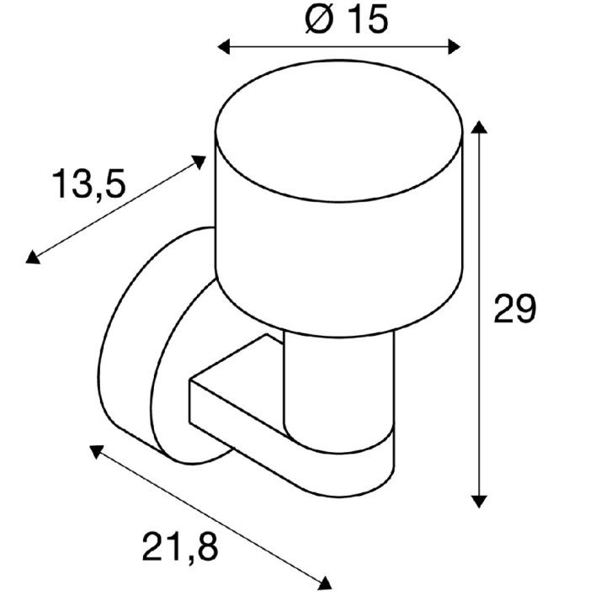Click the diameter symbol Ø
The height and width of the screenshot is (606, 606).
pyautogui.click(x=320, y=19)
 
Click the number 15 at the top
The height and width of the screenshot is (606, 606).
pyautogui.click(x=367, y=19)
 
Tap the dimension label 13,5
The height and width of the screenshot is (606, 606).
pyautogui.click(x=89, y=184)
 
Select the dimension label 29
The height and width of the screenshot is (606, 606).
pyautogui.click(x=515, y=308)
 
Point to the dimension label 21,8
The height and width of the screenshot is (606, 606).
pyautogui.click(x=180, y=548)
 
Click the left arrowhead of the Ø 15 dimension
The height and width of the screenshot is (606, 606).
pyautogui.click(x=224, y=47)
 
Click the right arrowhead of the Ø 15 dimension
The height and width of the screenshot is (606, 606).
pyautogui.click(x=454, y=47)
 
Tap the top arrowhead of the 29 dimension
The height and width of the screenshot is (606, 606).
pyautogui.click(x=479, y=127)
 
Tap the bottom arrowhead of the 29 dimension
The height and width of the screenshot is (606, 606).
pyautogui.click(x=479, y=502)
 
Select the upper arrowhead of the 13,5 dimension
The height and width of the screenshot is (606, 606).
pyautogui.click(x=199, y=161)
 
